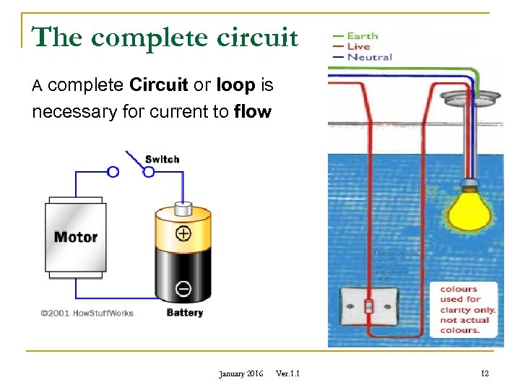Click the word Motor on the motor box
75,237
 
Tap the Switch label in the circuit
162,159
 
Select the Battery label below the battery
184,313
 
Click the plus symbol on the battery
183,233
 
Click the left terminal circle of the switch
113,172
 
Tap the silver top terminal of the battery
183,209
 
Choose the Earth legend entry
362,35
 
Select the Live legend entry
359,46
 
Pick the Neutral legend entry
368,57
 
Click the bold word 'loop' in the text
235,85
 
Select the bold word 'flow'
253,112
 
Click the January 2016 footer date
240,373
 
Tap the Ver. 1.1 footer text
288,373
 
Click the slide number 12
485,373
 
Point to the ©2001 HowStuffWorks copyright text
87,313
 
